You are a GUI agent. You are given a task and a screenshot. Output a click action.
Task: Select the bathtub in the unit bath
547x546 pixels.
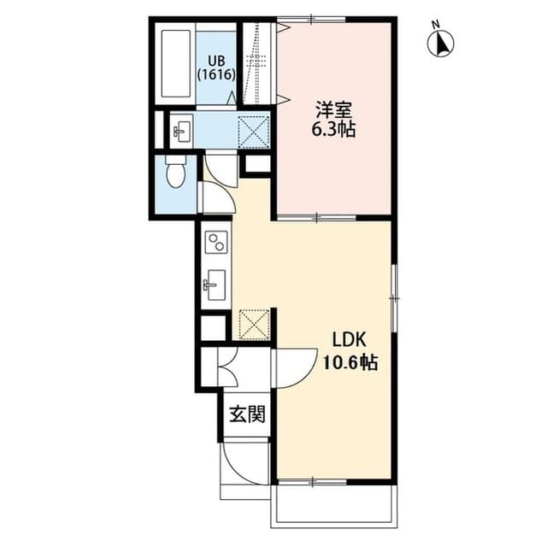point(176,67)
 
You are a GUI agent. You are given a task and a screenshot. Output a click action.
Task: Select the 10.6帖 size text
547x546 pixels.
point(350,362)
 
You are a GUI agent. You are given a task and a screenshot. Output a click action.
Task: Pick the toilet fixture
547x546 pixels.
point(176,173)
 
